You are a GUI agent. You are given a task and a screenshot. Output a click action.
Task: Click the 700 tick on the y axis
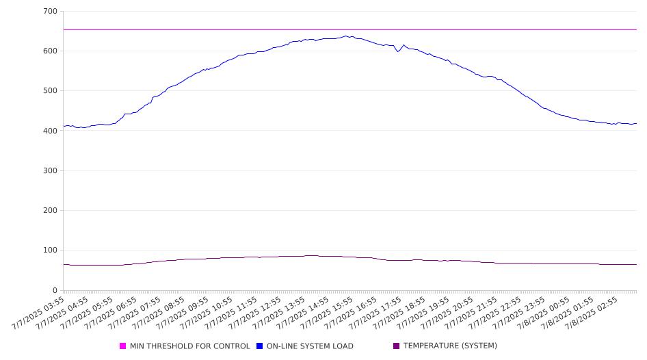pos(50,11)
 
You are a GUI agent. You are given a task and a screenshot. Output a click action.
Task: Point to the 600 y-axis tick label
pos(50,51)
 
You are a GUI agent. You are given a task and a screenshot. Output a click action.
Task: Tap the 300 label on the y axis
pos(50,170)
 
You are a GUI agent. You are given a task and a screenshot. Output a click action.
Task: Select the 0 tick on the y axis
pos(55,290)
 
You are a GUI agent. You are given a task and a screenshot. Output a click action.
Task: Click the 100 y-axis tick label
pos(50,250)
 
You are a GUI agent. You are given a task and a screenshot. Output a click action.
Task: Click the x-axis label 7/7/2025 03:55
pos(38,313)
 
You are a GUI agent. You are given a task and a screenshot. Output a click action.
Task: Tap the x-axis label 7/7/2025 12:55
pos(255,313)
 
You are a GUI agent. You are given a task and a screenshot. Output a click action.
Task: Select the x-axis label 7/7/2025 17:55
pos(375,313)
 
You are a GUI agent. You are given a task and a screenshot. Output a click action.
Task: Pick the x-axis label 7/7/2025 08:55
pos(159,313)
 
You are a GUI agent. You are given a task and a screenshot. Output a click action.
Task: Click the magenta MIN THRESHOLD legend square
pos(122,346)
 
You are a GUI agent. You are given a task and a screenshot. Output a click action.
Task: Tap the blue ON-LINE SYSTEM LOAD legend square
pos(259,346)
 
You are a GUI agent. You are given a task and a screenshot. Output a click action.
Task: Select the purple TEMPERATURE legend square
pos(397,346)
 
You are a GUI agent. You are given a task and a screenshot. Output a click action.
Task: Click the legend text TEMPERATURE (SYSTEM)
pos(450,346)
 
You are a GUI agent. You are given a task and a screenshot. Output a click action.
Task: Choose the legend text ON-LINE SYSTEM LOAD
pos(310,346)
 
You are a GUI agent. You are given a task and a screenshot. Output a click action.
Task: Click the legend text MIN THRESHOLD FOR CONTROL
pos(190,346)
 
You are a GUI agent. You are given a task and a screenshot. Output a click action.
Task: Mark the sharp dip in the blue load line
pos(398,51)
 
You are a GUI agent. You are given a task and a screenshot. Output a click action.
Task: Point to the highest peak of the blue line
pos(346,36)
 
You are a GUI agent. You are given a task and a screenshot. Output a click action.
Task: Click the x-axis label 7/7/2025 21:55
pos(472,313)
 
